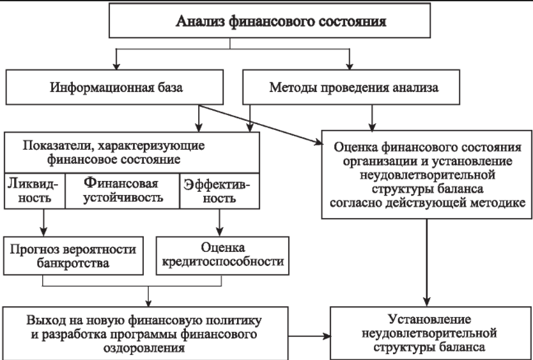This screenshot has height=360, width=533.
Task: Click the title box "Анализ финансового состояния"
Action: tap(270, 20)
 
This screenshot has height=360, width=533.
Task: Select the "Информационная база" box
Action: tap(114, 87)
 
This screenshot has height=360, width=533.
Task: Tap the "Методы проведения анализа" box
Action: tap(351, 87)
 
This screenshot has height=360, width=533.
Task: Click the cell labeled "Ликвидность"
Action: tap(35, 191)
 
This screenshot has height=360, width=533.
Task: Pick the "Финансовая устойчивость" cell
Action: tap(122, 191)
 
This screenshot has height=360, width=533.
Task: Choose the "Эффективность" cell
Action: tap(219, 191)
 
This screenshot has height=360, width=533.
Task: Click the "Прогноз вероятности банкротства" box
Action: tap(73, 256)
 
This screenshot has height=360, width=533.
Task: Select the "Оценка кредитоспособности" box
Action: tap(222, 256)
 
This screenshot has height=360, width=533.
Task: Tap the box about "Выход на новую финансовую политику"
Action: tap(146, 333)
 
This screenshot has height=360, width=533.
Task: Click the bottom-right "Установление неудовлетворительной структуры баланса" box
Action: tap(431, 333)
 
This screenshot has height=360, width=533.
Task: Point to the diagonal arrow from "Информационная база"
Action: tap(261, 125)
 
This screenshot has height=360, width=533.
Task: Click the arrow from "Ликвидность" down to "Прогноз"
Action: tap(43, 222)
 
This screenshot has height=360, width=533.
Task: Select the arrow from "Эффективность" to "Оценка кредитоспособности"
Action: tap(219, 222)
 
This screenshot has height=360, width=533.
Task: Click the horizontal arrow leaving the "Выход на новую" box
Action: tap(309, 336)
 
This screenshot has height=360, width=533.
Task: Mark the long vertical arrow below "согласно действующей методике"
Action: tap(427, 262)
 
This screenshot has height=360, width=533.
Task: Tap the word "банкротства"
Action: tap(73, 263)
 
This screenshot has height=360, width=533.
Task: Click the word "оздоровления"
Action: tap(144, 348)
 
